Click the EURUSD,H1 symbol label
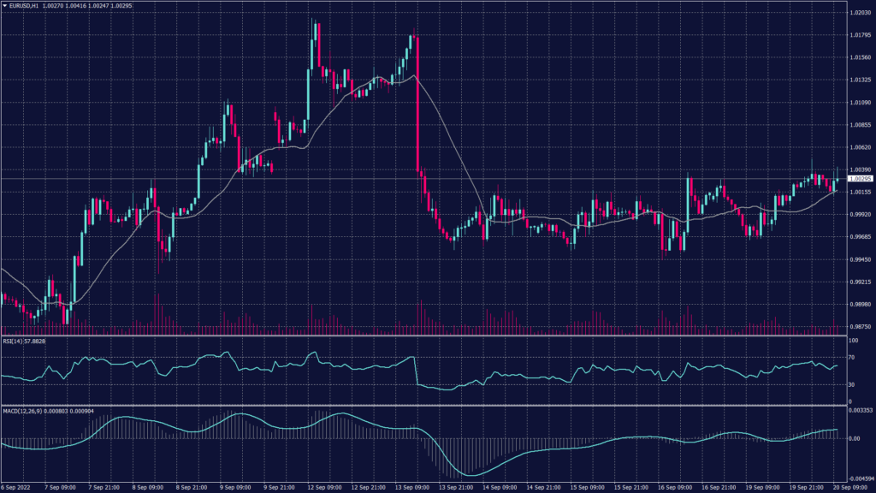(27, 5)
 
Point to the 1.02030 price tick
(859, 14)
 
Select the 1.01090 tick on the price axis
(859, 103)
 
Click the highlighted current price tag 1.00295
(859, 179)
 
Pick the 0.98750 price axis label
(859, 326)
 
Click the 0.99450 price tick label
(859, 259)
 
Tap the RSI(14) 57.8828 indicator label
(23, 342)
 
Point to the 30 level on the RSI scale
(850, 384)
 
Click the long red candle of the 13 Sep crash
(417, 103)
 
